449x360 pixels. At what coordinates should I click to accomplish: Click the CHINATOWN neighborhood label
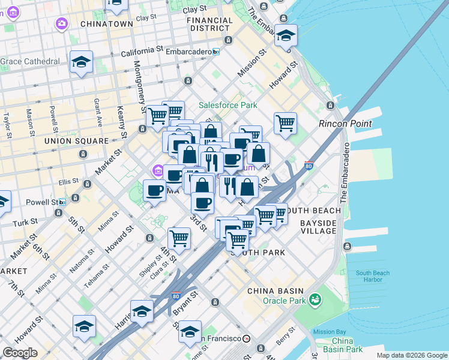click(103, 24)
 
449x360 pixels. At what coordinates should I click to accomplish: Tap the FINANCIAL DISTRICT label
click(209, 25)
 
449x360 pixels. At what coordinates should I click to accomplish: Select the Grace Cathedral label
click(30, 61)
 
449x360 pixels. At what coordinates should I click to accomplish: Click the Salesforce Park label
click(228, 105)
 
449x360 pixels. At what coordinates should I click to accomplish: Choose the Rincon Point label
click(345, 124)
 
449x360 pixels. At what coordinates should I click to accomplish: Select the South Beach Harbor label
click(372, 277)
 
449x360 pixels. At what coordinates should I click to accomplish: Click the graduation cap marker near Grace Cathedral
click(81, 62)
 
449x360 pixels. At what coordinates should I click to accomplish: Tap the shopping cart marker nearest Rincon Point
click(286, 123)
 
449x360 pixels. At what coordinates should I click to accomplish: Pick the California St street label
click(142, 53)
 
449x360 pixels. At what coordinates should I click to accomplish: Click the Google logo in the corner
click(20, 353)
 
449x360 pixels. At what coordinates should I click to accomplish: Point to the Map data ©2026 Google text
click(411, 355)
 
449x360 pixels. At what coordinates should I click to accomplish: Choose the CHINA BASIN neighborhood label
click(269, 291)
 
